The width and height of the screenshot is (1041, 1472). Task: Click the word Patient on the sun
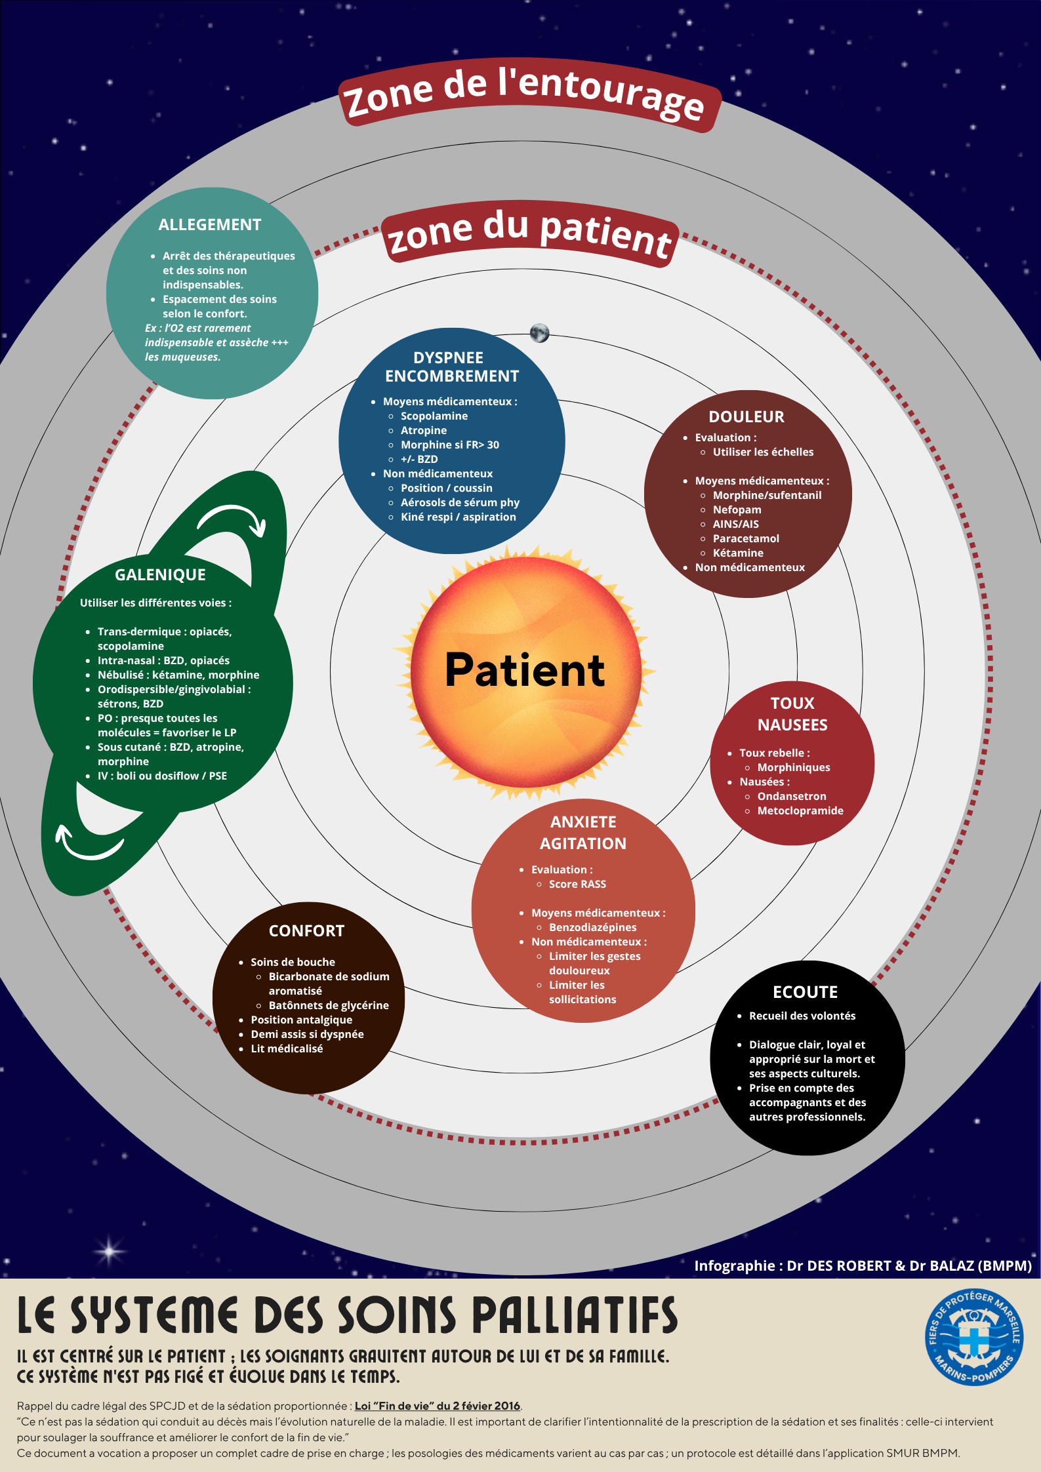pyautogui.click(x=525, y=670)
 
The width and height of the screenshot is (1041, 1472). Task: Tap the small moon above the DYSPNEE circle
pyautogui.click(x=539, y=333)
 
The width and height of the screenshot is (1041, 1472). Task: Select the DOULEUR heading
pyautogui.click(x=746, y=417)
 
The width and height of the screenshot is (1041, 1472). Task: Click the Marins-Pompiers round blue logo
pyautogui.click(x=974, y=1338)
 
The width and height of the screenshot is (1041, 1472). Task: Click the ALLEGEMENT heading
pyautogui.click(x=210, y=225)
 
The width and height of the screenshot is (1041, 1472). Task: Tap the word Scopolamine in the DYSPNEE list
pyautogui.click(x=434, y=416)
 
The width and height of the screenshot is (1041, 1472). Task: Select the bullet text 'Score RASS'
pyautogui.click(x=577, y=884)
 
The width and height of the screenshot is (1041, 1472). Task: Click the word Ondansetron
pyautogui.click(x=792, y=796)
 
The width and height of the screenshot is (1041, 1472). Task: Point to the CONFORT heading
pyautogui.click(x=306, y=931)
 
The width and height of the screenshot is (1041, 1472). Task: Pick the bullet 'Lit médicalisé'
pyautogui.click(x=287, y=1048)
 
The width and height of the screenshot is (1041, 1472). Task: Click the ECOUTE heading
pyautogui.click(x=805, y=992)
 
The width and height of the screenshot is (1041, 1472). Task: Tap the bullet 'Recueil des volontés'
pyautogui.click(x=802, y=1016)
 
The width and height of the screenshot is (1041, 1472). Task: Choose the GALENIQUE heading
pyautogui.click(x=160, y=575)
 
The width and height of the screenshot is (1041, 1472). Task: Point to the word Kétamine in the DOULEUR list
pyautogui.click(x=738, y=553)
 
